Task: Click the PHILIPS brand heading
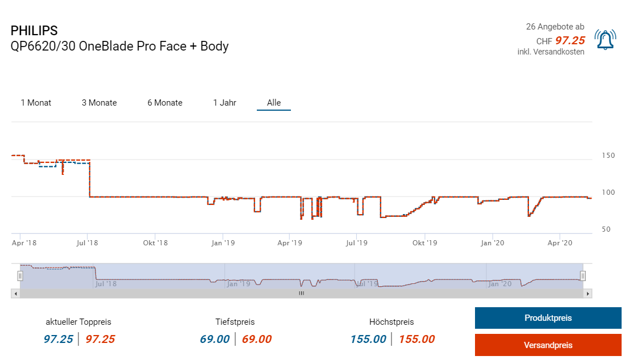tap(34, 31)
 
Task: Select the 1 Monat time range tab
tap(36, 103)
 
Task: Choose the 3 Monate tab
tap(99, 103)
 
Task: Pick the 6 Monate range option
tap(165, 103)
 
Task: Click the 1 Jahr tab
tap(224, 103)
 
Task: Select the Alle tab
tap(274, 103)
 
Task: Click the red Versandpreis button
tap(548, 345)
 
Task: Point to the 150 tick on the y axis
tap(608, 155)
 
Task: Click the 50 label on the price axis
tap(606, 229)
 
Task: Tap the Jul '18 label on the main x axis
tap(88, 243)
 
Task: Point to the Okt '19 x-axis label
tap(425, 243)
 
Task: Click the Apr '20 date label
tap(560, 243)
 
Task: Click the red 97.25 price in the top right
tap(569, 40)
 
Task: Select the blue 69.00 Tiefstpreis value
tap(215, 340)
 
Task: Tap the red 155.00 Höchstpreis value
tap(416, 340)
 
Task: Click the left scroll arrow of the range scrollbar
tap(15, 294)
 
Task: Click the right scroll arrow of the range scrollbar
tap(588, 294)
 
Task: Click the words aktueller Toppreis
tap(79, 322)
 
